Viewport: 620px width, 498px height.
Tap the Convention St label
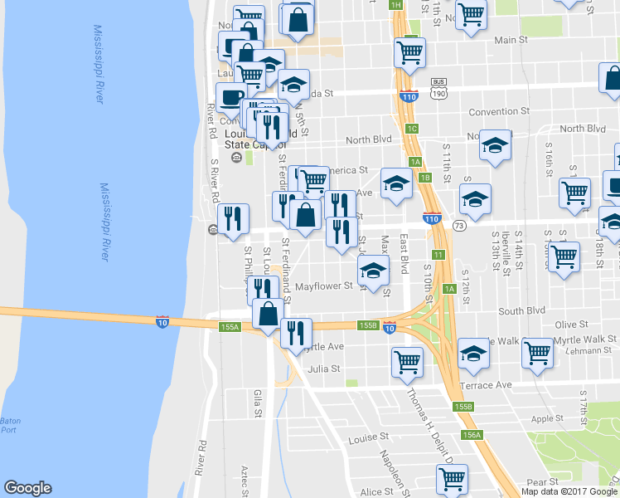coord(498,111)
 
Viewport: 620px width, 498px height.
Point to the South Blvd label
coord(522,310)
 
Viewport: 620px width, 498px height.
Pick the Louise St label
coord(369,437)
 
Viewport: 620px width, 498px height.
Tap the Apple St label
coord(547,419)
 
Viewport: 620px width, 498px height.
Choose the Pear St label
coord(541,481)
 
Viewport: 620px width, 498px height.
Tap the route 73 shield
coord(458,226)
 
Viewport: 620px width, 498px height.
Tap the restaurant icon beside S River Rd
coord(233,218)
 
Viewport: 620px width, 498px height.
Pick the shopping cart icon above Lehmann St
coord(537,352)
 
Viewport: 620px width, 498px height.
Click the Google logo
coord(27,488)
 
